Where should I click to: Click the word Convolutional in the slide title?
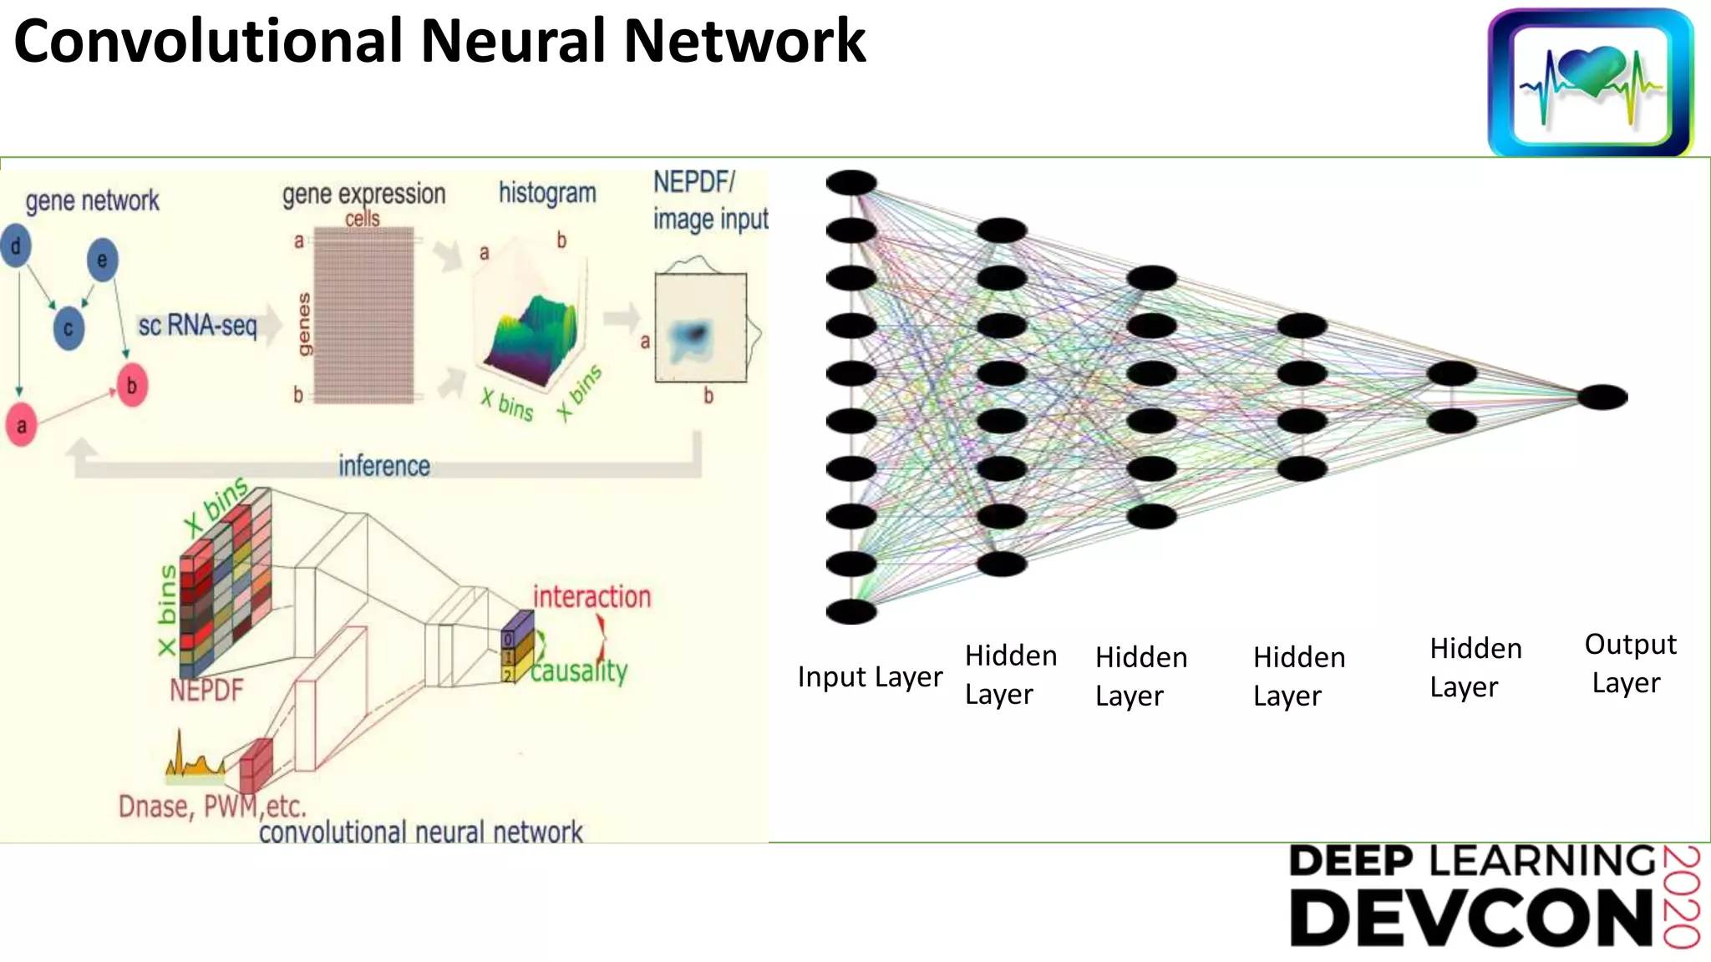point(209,42)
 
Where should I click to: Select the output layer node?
point(1602,397)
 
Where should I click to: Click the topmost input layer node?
point(851,182)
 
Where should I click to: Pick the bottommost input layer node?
point(851,612)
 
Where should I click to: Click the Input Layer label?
point(870,676)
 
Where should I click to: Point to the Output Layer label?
point(1629,664)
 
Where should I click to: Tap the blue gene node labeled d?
point(16,246)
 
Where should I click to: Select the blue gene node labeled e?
point(102,260)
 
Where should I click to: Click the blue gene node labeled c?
point(69,328)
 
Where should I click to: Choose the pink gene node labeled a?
point(22,426)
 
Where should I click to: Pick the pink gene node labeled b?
point(131,386)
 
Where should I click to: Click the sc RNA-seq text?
point(197,325)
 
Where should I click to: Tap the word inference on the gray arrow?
point(384,466)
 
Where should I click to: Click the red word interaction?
point(591,597)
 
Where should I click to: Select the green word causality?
point(579,671)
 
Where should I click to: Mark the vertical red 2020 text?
point(1681,897)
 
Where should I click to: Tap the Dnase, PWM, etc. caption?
point(212,807)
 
